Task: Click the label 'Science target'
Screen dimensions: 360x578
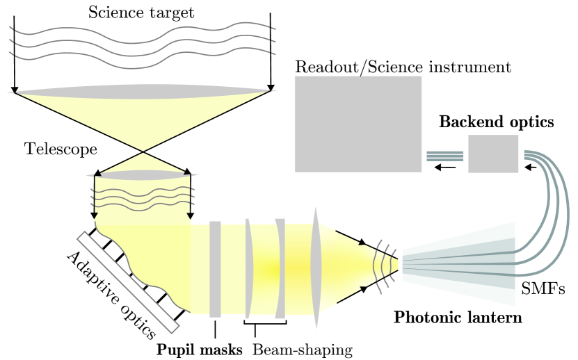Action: (142, 12)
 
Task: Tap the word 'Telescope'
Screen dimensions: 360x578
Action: (60, 149)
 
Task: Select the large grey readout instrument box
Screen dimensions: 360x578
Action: (358, 124)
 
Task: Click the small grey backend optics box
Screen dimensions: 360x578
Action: (492, 154)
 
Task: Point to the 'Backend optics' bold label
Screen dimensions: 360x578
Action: (496, 122)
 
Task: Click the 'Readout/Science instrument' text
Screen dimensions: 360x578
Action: (403, 67)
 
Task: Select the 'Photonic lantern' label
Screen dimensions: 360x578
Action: (458, 318)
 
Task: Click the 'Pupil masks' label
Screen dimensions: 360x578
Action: (199, 350)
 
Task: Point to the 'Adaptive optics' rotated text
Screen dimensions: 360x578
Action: (111, 295)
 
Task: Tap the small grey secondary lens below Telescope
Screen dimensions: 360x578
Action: (143, 174)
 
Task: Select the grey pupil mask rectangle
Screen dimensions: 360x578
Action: (215, 268)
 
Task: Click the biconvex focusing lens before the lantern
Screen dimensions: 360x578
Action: (316, 268)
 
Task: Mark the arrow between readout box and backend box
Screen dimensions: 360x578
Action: (446, 167)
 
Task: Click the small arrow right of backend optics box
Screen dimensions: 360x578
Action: (531, 167)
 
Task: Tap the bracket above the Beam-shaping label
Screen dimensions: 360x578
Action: (265, 322)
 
